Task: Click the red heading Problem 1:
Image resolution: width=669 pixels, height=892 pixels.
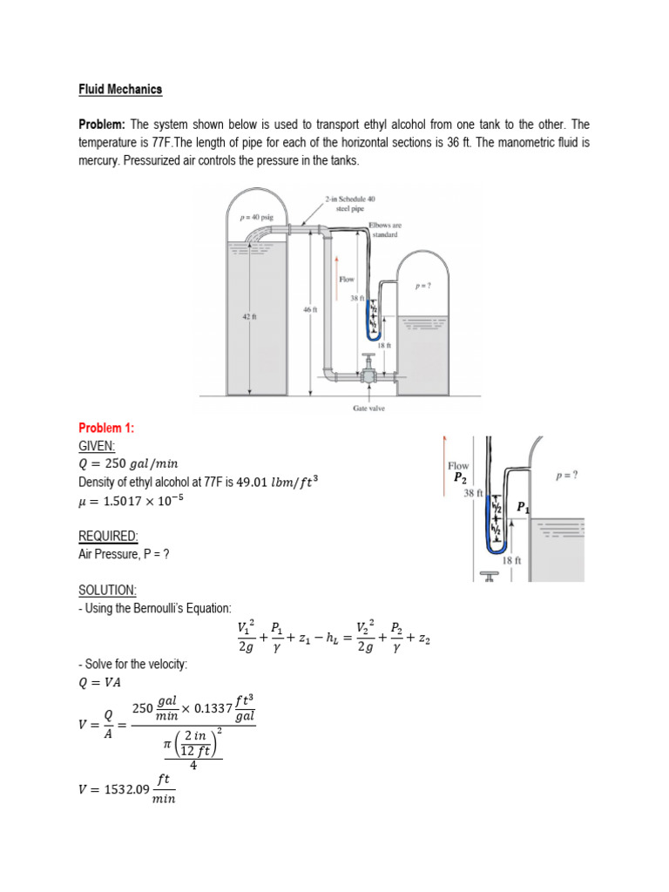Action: pyautogui.click(x=106, y=428)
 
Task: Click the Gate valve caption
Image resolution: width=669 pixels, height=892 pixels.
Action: pyautogui.click(x=369, y=408)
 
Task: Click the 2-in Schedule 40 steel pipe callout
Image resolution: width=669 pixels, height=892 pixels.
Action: pyautogui.click(x=349, y=204)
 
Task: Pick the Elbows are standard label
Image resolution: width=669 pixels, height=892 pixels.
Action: pyautogui.click(x=383, y=230)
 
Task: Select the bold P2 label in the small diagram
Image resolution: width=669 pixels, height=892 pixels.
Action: pyautogui.click(x=460, y=478)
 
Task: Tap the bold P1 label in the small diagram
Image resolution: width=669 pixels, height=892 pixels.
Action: pyautogui.click(x=523, y=507)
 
